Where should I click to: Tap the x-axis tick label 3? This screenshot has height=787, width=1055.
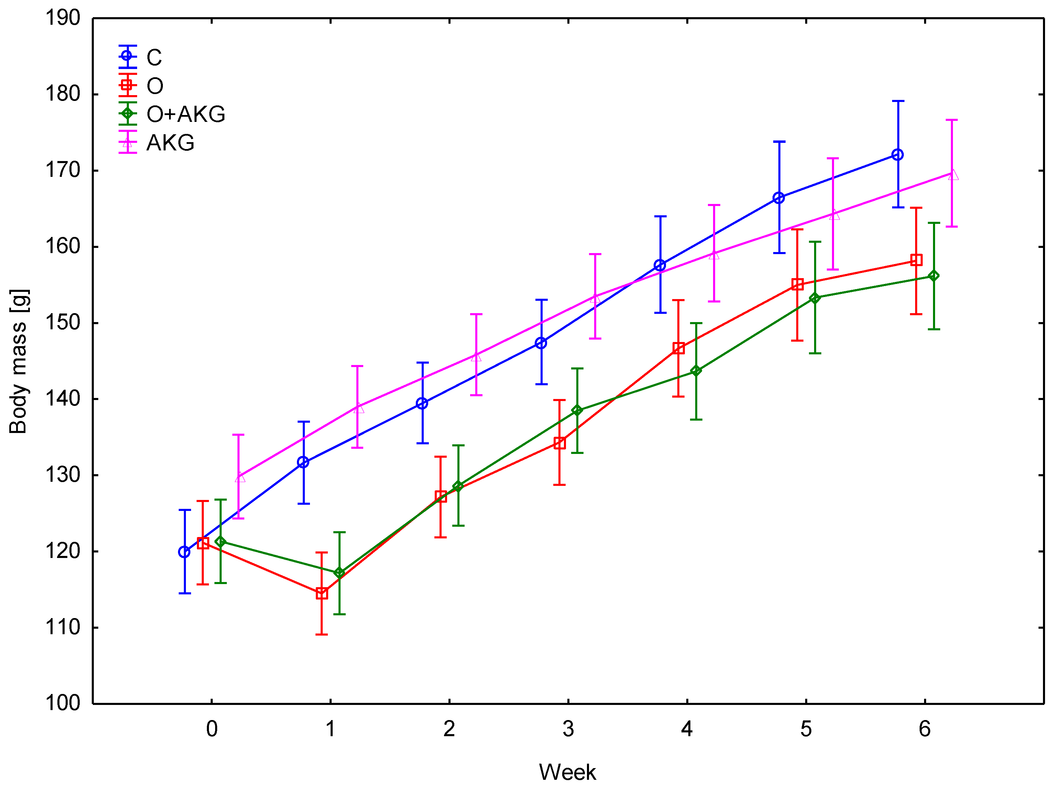click(x=568, y=729)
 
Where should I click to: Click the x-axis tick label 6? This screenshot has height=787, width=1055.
click(x=924, y=729)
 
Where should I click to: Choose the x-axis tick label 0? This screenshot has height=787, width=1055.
click(x=212, y=729)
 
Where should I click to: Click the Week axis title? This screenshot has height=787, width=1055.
click(x=567, y=772)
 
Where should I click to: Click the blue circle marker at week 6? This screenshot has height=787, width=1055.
click(x=898, y=155)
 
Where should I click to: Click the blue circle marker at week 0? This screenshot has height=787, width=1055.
click(x=185, y=552)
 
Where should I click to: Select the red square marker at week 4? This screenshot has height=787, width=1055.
click(x=678, y=348)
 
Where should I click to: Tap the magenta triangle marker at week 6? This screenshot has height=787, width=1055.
click(x=952, y=175)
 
